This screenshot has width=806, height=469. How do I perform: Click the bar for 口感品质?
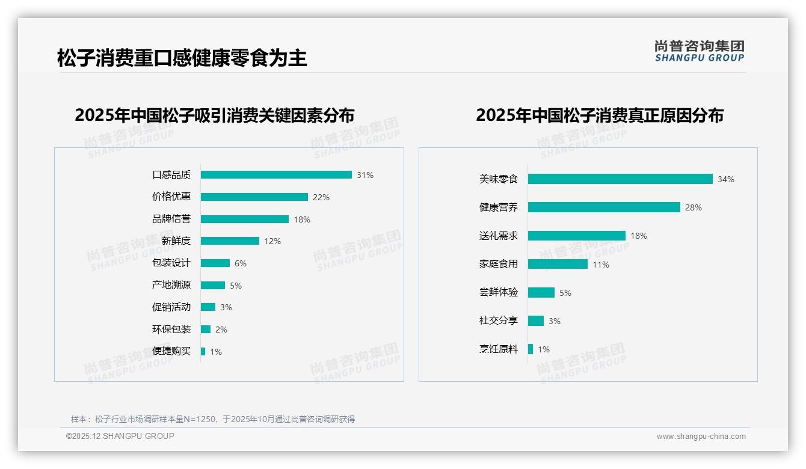276,175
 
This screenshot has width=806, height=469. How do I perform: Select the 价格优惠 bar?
254,197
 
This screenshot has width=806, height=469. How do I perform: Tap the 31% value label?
365,175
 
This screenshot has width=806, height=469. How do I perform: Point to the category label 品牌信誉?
171,219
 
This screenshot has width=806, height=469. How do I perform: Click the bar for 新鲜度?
230,241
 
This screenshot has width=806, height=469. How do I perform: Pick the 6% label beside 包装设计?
241,263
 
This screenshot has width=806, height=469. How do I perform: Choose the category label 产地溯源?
171,285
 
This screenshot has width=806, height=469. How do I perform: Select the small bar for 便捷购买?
203,351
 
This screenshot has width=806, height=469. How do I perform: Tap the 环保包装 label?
171,329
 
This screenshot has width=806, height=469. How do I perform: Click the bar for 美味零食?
620,179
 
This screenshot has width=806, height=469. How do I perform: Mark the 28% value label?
694,207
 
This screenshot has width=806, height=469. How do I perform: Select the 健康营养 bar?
604,207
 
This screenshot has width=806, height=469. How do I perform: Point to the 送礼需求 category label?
499,236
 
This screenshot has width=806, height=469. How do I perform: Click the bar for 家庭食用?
558,264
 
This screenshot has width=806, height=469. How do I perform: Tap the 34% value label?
726,179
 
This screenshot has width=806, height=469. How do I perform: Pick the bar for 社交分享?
536,321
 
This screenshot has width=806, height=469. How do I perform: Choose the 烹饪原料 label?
499,349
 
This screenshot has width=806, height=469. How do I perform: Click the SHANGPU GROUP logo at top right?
700,51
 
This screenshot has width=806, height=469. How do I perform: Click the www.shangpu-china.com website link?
701,437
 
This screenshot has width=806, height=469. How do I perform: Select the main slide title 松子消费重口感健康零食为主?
182,58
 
